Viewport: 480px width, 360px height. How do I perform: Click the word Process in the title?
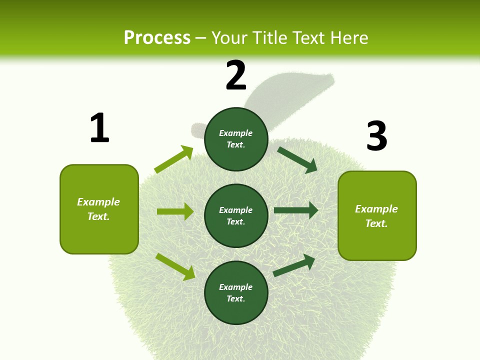click(157, 38)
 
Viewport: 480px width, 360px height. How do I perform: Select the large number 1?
click(99, 128)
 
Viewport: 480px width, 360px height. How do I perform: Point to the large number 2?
click(236, 75)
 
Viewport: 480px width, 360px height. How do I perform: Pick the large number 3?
click(376, 136)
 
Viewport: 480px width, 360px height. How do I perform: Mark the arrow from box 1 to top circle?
click(174, 159)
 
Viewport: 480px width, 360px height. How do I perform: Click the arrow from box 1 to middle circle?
click(175, 211)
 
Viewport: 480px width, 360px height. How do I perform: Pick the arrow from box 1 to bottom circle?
click(175, 266)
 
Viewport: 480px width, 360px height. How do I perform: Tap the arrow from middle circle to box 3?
click(296, 210)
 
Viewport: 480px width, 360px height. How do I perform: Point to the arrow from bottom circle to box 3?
click(294, 265)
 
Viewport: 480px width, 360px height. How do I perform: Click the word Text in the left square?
click(98, 217)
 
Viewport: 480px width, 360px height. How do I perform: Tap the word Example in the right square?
click(376, 209)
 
